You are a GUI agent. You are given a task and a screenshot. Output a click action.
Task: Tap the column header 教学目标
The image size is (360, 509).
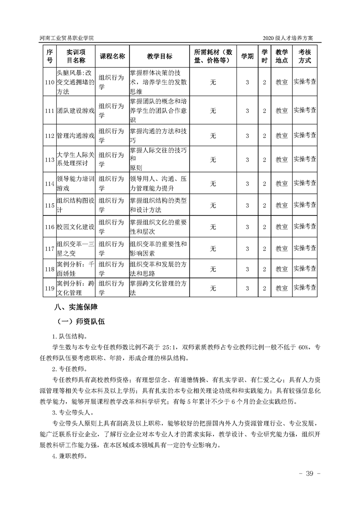[x=159, y=56]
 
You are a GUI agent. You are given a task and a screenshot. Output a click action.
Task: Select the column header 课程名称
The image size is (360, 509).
[x=112, y=56]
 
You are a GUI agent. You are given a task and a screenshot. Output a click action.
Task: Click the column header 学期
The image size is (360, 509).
[x=247, y=56]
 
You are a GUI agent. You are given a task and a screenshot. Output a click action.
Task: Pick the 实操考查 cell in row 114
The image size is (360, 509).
[x=305, y=183]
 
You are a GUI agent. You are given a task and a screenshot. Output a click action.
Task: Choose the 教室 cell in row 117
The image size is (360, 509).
[x=282, y=249]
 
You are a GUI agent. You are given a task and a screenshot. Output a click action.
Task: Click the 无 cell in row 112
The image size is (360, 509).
[x=213, y=136]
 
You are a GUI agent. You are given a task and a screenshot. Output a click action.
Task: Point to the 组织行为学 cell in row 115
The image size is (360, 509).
[x=112, y=205]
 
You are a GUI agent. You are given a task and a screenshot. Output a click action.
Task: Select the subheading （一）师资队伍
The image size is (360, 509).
[x=81, y=322]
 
